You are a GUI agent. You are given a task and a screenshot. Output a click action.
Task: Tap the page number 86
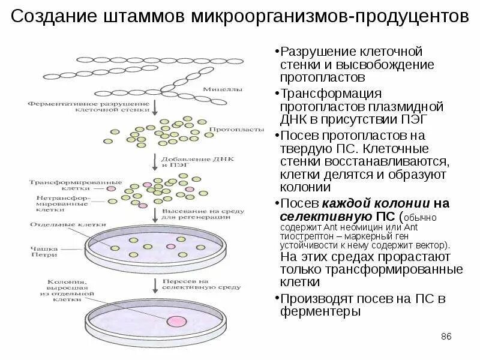[446, 336]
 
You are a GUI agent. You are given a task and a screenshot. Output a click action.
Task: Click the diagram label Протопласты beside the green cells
[229, 130]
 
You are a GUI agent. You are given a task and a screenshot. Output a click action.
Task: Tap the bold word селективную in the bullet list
[317, 216]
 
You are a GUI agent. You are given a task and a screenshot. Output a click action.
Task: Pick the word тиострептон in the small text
[305, 236]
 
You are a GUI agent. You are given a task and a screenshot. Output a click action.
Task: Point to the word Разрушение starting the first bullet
[313, 52]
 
